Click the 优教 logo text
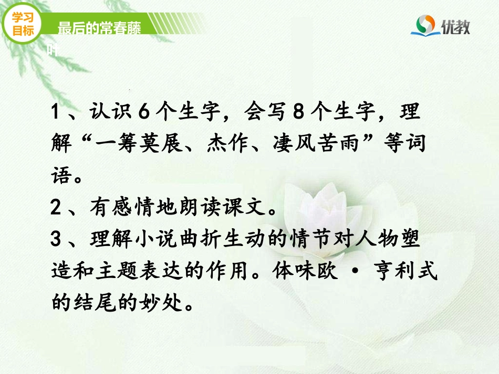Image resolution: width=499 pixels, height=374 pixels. click(x=455, y=26)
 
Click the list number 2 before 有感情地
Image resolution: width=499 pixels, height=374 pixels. click(x=57, y=209)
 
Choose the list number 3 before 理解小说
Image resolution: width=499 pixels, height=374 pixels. click(x=57, y=240)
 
